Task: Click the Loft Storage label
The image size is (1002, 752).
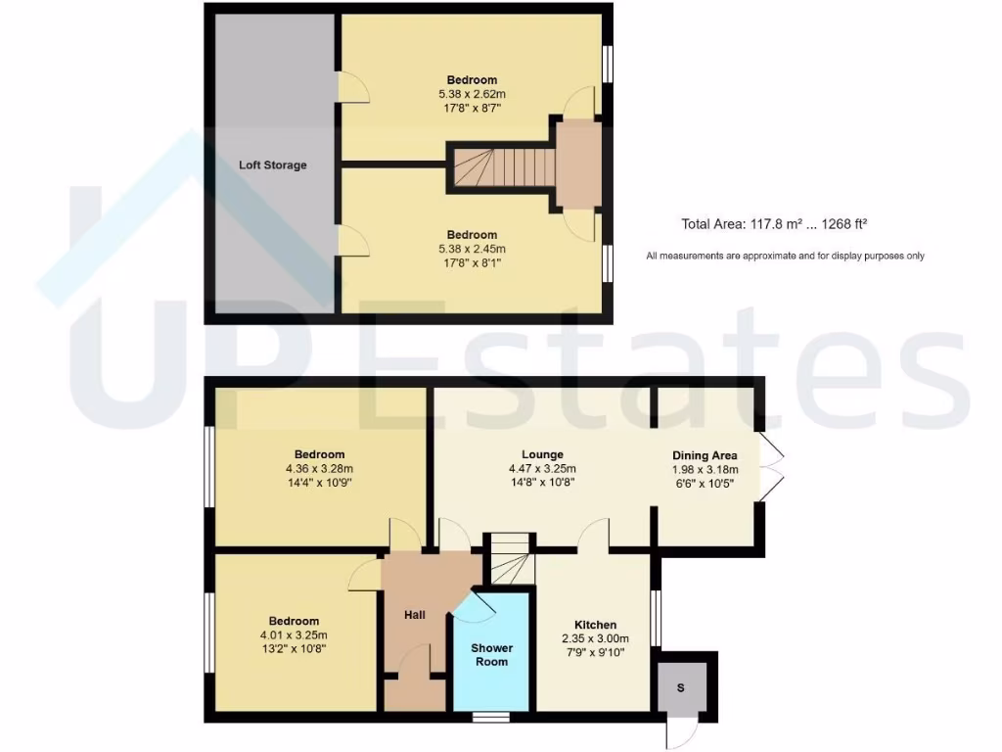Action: coord(272,164)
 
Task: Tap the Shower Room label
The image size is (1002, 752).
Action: coord(491,655)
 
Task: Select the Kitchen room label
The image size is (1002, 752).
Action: coord(595,625)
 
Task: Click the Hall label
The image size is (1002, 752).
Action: coord(415,615)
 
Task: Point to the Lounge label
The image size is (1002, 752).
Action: coord(542,454)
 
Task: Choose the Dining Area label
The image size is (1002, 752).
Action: coord(704,455)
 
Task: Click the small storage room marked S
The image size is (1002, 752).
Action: coord(681,688)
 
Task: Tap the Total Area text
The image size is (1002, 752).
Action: coord(775,224)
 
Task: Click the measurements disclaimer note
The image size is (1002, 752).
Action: coord(785,256)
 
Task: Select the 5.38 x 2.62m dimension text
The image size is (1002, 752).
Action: coord(472,94)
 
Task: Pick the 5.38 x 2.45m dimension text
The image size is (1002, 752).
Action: coord(472,249)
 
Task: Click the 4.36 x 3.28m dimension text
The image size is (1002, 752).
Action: coord(319,468)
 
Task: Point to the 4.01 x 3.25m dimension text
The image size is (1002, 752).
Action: coord(294,635)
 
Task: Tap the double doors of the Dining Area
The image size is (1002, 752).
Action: coord(771,468)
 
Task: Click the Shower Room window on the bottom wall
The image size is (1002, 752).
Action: coord(491,717)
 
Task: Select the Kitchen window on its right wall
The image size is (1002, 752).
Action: coord(656,618)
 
